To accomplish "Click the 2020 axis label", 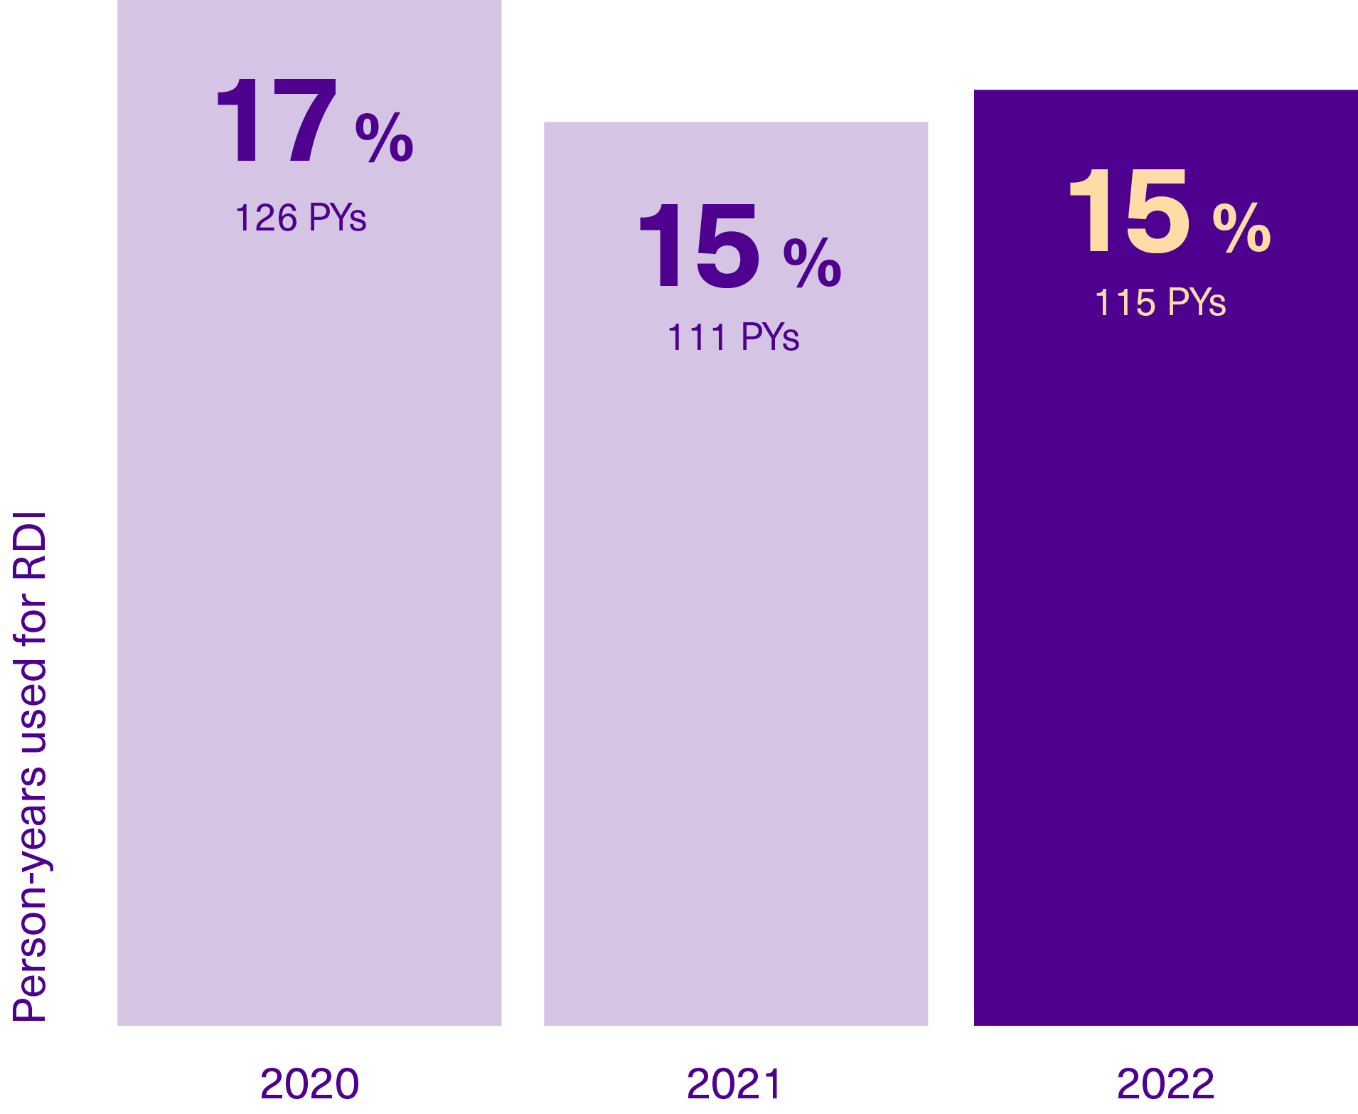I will pyautogui.click(x=309, y=1083).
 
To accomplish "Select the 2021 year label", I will pyautogui.click(x=734, y=1083).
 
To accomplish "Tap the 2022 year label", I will pyautogui.click(x=1165, y=1083).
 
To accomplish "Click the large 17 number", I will pyautogui.click(x=276, y=121).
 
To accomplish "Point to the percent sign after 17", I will pyautogui.click(x=384, y=137).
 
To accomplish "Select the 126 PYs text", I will pyautogui.click(x=300, y=218).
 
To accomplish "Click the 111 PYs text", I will pyautogui.click(x=733, y=337).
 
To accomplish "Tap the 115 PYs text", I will pyautogui.click(x=1160, y=302).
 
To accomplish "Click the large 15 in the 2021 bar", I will pyautogui.click(x=700, y=245).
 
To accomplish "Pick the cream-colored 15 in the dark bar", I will pyautogui.click(x=1129, y=211).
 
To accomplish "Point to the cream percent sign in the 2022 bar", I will pyautogui.click(x=1241, y=228).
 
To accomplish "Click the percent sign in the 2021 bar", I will pyautogui.click(x=812, y=262).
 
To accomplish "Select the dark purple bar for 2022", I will pyautogui.click(x=1165, y=640).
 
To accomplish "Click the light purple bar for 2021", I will pyautogui.click(x=736, y=640).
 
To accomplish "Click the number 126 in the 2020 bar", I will pyautogui.click(x=266, y=218).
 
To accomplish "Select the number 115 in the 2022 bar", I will pyautogui.click(x=1125, y=302).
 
